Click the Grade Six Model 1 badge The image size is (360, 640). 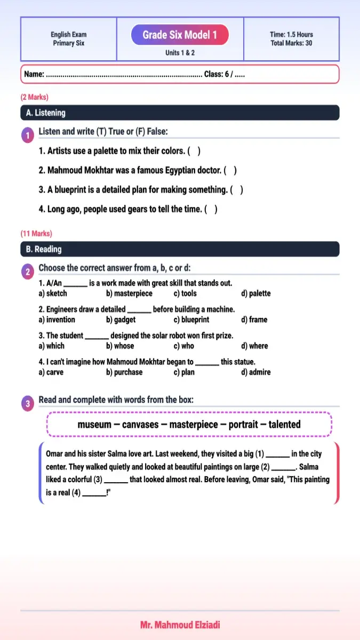[180, 35]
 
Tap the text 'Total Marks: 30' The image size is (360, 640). [291, 43]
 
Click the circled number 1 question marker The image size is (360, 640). [28, 135]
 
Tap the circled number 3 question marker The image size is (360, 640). [28, 404]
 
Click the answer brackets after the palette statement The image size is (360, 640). [194, 151]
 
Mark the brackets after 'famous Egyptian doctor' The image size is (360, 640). [230, 170]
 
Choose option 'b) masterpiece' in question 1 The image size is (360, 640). [129, 293]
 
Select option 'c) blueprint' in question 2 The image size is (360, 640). [191, 319]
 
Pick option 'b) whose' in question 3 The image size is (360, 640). [120, 346]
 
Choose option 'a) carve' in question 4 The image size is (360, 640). [51, 372]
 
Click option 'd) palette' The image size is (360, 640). [256, 293]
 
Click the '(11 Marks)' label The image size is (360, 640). [36, 234]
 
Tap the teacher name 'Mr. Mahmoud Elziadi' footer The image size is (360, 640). [180, 625]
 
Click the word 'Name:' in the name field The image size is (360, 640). [34, 74]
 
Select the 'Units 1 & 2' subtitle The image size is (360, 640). [180, 53]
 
